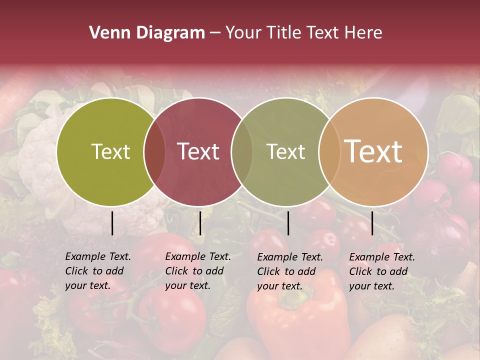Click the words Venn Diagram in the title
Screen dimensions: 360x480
tap(147, 33)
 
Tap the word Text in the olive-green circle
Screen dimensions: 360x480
tap(110, 151)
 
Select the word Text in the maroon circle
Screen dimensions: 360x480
tap(198, 151)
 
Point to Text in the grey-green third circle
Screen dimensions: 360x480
tap(285, 151)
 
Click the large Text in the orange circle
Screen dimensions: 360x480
tap(373, 151)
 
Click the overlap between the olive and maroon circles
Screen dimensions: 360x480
tap(154, 152)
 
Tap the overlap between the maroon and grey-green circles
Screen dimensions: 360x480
tap(242, 152)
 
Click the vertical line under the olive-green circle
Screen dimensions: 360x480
tap(112, 223)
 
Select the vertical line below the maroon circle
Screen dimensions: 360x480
tap(200, 223)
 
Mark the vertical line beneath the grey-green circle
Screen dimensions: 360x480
tap(288, 223)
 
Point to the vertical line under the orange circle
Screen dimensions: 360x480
tap(372, 223)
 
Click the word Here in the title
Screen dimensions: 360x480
tap(365, 33)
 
